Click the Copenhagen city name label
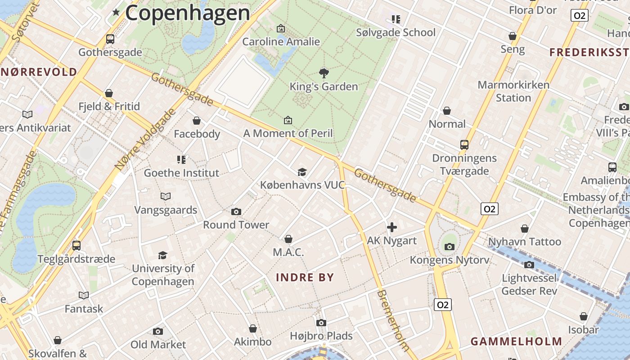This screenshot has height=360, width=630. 187,13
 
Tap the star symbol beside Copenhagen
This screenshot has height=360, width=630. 116,12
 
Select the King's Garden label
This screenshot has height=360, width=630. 324,86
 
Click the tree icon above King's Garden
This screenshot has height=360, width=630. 324,73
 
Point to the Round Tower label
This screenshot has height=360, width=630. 236,225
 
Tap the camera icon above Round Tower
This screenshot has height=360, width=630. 236,211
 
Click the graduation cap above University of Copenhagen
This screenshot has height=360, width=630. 163,255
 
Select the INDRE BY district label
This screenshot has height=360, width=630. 305,277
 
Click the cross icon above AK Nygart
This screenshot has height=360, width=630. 392,227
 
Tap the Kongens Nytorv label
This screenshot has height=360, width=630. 449,260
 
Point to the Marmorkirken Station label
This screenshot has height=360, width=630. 513,91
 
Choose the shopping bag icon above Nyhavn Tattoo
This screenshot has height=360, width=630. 525,229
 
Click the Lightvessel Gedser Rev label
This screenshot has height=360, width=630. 529,284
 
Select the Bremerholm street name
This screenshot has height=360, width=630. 393,319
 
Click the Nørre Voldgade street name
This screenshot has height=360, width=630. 144,139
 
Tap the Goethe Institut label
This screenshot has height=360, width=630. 181,173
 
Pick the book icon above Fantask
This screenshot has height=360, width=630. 84,295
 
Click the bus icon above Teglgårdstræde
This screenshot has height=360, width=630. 76,246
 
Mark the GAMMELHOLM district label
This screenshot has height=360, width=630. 516,342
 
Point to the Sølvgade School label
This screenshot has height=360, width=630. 396,32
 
